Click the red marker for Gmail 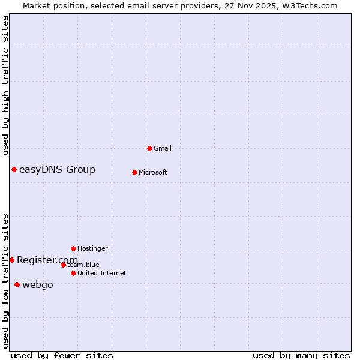tap(149, 148)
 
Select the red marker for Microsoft tap(134, 172)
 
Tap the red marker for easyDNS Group tap(14, 169)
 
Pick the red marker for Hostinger tap(73, 248)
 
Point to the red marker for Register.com tap(11, 260)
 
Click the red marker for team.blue tap(63, 265)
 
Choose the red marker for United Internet tap(73, 273)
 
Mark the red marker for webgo tap(17, 284)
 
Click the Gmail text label tap(163, 148)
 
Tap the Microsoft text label tap(152, 172)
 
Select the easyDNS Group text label tap(57, 169)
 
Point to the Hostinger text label tap(92, 248)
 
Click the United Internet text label tap(101, 273)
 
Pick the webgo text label tap(37, 284)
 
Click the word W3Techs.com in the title tap(310, 5)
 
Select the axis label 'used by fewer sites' tap(62, 355)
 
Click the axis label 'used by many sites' tap(301, 355)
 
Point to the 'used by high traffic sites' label tap(5, 85)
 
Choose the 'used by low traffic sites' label tap(5, 280)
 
